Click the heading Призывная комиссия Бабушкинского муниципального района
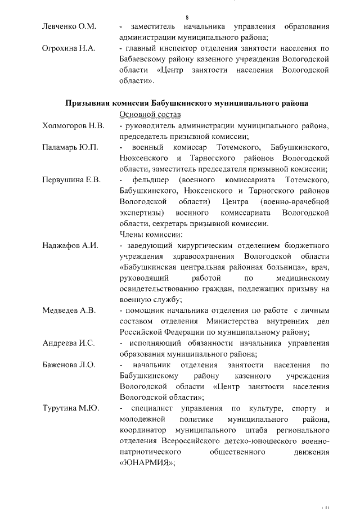[187, 103]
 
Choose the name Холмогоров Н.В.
[73, 125]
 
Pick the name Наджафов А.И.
[70, 245]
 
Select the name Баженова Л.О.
[69, 365]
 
